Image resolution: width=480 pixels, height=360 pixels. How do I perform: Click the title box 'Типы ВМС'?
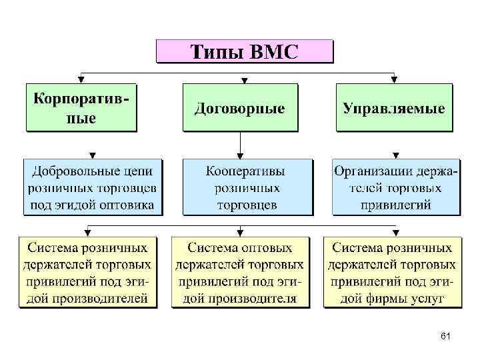[x=244, y=51]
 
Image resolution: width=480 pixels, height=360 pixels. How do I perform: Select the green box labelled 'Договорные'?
[x=240, y=107]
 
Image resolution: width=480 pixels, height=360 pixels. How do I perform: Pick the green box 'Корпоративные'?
[x=81, y=107]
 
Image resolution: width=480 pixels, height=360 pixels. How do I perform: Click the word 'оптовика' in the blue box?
[x=130, y=205]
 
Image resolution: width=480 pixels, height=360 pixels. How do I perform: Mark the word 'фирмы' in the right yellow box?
[x=387, y=299]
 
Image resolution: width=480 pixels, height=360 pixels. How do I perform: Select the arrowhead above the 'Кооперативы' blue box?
[x=240, y=154]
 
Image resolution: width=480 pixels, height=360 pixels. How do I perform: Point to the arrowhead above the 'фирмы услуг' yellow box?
[x=391, y=233]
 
